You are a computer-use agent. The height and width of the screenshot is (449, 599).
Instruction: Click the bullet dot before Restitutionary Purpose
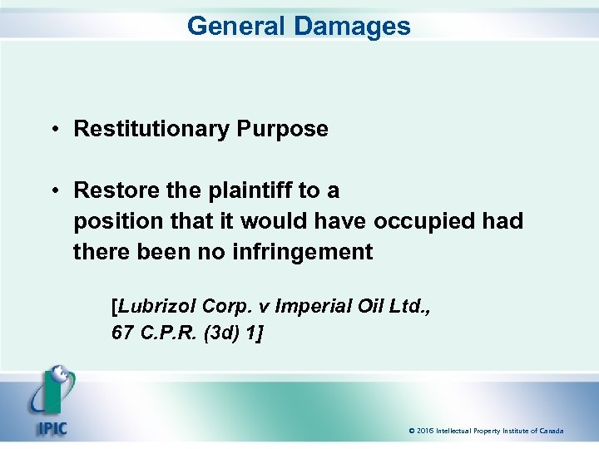[52, 129]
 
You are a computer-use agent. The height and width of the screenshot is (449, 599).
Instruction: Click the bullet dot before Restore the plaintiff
[52, 190]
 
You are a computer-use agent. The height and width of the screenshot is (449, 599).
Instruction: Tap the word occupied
[424, 221]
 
